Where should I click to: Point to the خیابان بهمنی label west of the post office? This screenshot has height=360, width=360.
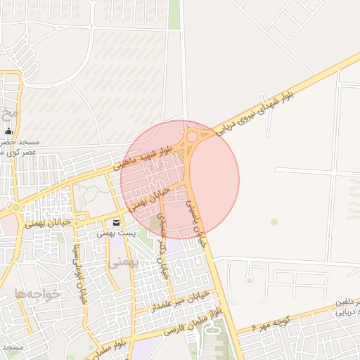(49, 223)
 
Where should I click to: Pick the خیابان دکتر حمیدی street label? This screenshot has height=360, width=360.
(164, 247)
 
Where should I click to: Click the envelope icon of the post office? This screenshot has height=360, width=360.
(116, 222)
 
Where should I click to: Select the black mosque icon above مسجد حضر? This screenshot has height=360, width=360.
(9, 131)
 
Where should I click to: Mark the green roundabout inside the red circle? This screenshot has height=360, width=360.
(192, 136)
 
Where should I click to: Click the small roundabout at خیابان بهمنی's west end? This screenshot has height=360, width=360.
(15, 207)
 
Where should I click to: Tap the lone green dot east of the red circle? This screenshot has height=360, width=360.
(274, 222)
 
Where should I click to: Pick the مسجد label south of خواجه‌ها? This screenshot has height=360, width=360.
(13, 347)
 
